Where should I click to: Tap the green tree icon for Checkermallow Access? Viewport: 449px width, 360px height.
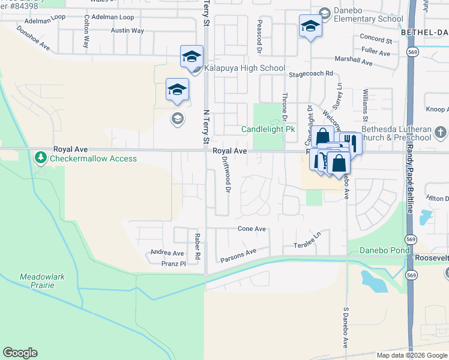point(41,158)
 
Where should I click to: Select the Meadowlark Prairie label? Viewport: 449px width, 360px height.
point(37,281)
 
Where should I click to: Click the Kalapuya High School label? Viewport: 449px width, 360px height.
point(244,68)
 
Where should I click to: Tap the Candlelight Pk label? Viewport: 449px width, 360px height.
point(268,129)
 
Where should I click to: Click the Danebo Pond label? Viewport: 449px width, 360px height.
point(383,250)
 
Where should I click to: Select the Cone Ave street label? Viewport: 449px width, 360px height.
point(252,229)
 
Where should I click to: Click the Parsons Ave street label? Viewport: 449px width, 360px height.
point(238,256)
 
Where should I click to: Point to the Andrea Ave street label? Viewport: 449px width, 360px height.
point(167,253)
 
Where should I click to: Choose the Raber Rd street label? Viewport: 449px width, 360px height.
point(197,247)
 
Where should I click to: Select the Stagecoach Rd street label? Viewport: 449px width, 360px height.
point(310,73)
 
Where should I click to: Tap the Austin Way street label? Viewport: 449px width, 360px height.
point(128,30)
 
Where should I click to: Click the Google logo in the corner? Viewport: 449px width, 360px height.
point(20,353)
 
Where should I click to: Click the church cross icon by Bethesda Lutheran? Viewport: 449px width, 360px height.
point(439,132)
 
